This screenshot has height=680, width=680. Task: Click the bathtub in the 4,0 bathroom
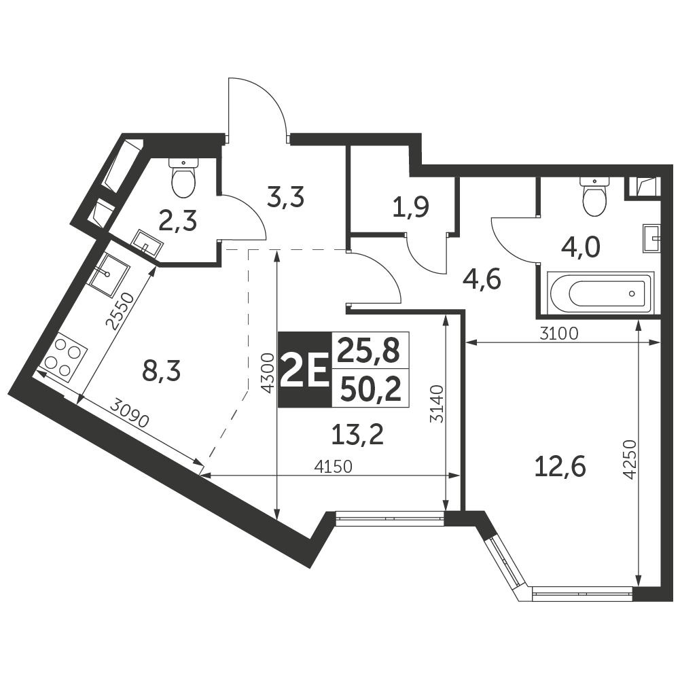[600, 293]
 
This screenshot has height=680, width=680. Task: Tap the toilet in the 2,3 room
[183, 177]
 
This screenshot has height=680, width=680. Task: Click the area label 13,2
[357, 435]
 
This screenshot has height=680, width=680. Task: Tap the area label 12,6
[560, 467]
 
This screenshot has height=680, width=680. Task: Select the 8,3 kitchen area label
[161, 372]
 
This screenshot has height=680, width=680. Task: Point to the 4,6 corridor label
[482, 279]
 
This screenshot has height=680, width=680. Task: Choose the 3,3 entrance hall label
[285, 198]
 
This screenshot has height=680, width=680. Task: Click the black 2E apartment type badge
[304, 370]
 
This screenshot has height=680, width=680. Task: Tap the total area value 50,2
[370, 389]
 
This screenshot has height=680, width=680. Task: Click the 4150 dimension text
[333, 467]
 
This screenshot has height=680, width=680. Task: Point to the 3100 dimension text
[559, 334]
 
